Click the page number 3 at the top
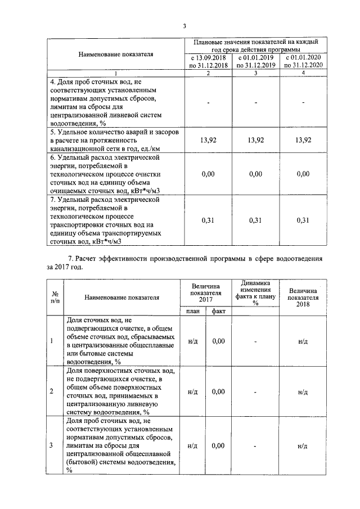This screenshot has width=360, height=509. coord(184,25)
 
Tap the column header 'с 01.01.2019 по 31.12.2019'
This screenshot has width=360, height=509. coord(256,61)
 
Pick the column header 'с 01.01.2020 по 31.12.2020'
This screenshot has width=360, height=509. coord(303,61)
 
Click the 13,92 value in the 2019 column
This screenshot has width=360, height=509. coord(256,140)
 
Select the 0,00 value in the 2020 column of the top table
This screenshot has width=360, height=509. coord(303,174)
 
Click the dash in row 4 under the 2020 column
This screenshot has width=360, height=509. coord(303,102)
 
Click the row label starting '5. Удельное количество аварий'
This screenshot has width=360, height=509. coord(107,140)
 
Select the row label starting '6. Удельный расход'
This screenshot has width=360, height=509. coord(107,174)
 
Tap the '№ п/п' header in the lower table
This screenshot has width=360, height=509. coord(56,298)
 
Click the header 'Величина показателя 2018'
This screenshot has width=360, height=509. coord(303,292)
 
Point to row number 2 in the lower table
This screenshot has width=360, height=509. coord(52,391)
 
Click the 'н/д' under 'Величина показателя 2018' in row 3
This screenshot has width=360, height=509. coord(303,446)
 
